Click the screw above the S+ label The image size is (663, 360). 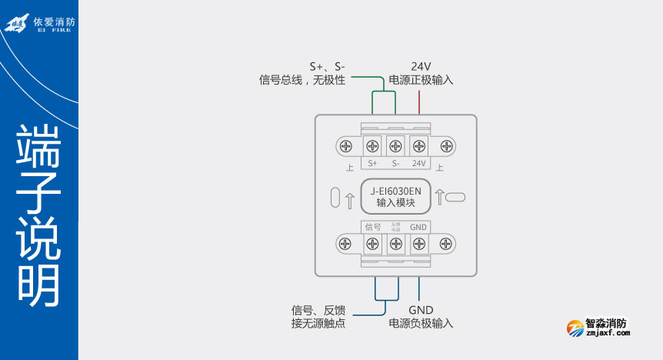point(373,145)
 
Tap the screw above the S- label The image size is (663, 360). point(396,145)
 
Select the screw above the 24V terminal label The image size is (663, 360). point(419,145)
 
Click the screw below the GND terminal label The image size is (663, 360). point(419,244)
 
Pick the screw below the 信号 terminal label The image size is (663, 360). point(373,244)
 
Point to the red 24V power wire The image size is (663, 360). point(419,102)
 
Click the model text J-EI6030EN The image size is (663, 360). point(396,191)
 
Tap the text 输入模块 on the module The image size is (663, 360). point(396,203)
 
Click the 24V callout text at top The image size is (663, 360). point(421,66)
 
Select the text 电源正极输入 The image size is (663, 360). point(421,79)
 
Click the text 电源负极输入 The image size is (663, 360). point(421,323)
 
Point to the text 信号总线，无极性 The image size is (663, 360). point(302,79)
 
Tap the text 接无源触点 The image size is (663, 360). point(318,323)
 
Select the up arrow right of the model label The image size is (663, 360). point(439,197)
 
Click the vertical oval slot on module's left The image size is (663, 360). point(335,198)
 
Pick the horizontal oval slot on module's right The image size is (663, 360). point(455,197)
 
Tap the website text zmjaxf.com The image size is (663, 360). point(608,334)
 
